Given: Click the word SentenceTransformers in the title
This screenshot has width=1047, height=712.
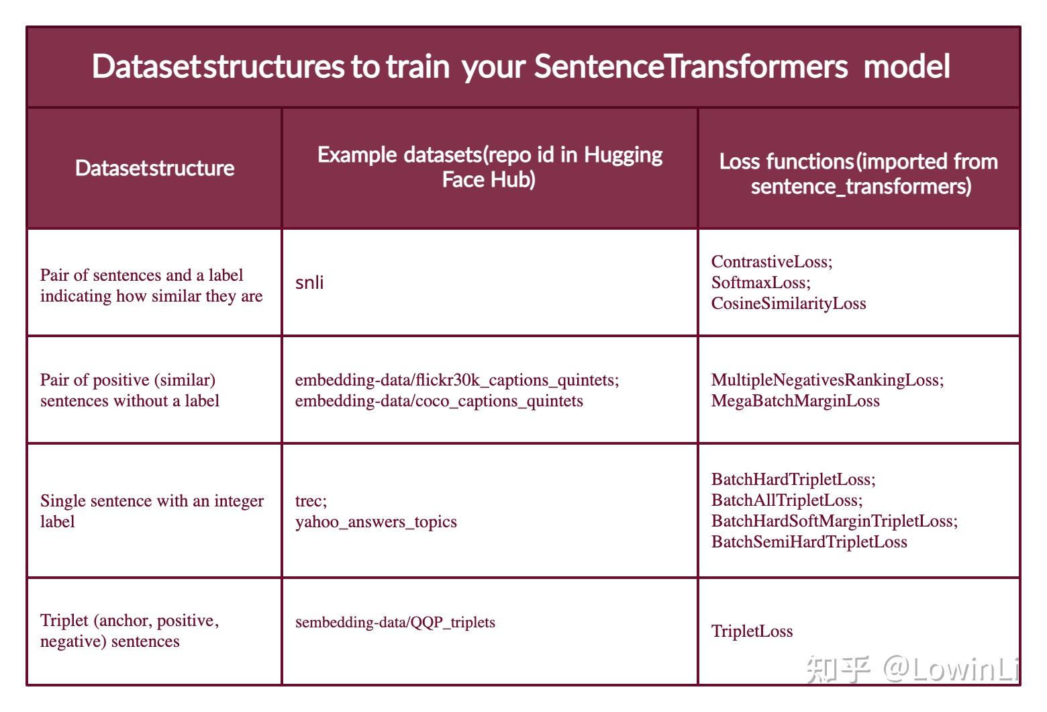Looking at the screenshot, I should (691, 66).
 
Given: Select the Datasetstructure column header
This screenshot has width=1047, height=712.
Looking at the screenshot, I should (154, 168).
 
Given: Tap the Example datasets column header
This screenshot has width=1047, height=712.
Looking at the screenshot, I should (489, 167).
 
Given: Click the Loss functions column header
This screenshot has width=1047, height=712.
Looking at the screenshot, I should (858, 173).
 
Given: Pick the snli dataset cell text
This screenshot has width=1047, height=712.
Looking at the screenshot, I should (309, 283).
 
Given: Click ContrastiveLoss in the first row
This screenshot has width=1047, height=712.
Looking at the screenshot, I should (771, 261).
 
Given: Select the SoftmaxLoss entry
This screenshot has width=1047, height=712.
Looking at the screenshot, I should (760, 282).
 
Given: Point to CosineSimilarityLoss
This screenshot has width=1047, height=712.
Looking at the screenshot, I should (789, 304).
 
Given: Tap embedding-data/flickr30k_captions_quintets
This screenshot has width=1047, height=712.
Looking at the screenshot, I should (456, 380).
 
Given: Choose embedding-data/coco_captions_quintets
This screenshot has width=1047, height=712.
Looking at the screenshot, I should (439, 401).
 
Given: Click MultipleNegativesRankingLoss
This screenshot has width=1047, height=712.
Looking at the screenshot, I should (827, 380).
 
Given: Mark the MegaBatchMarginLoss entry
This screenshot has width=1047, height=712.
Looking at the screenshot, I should (795, 401).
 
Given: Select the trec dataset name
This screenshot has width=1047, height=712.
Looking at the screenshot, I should (310, 501).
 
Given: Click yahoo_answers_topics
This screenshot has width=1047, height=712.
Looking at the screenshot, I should (376, 522).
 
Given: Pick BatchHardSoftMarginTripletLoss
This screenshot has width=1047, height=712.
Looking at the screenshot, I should (834, 521).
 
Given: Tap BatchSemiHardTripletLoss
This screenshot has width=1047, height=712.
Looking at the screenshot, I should (809, 542).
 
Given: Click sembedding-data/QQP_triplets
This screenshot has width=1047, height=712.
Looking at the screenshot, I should (395, 623).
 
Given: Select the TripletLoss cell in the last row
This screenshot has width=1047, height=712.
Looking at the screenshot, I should (752, 631).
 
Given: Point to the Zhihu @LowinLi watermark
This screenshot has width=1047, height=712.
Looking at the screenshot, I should (913, 669).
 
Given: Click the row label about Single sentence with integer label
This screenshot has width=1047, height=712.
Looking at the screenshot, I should (152, 511).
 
